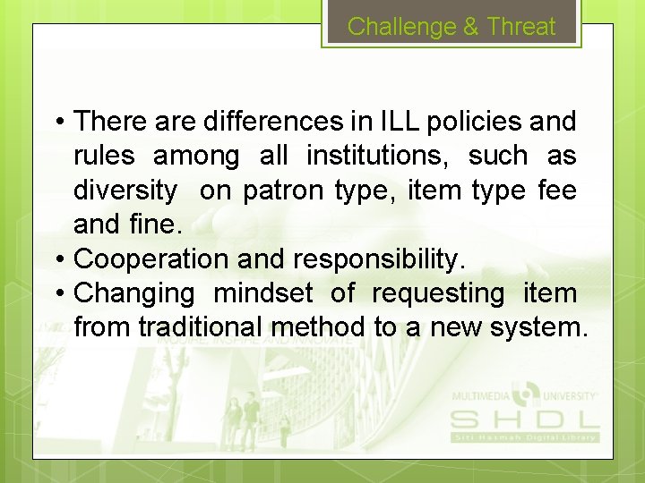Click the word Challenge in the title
coord(401,27)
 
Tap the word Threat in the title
coord(521,27)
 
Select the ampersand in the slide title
coord(471,27)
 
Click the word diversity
coord(125,191)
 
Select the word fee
coord(557,191)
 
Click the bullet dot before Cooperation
coord(58,259)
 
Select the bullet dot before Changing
coord(58,293)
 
